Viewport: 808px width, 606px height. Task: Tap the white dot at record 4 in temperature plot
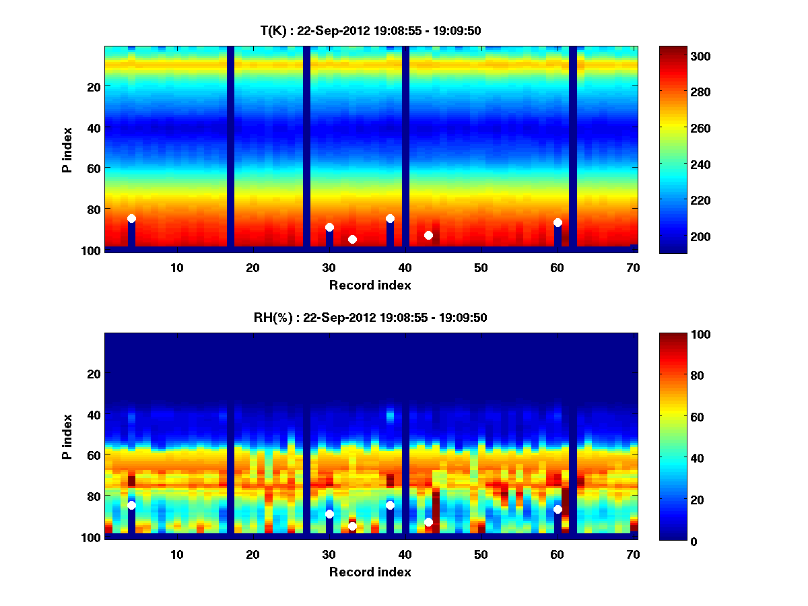pyautogui.click(x=131, y=218)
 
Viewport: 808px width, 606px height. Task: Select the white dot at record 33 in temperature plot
pyautogui.click(x=352, y=239)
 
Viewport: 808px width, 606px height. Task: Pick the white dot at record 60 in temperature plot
pyautogui.click(x=558, y=222)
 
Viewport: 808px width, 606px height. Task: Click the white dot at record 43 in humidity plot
pyautogui.click(x=428, y=522)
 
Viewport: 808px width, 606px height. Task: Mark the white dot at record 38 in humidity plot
pyautogui.click(x=390, y=505)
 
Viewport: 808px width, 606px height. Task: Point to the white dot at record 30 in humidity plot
pyautogui.click(x=329, y=514)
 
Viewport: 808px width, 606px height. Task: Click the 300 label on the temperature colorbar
pyautogui.click(x=682, y=56)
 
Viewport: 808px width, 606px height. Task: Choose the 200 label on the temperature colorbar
pyautogui.click(x=682, y=236)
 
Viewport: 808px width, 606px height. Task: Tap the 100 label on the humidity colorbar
pyautogui.click(x=682, y=335)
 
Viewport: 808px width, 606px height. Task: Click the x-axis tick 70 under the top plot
pyautogui.click(x=633, y=267)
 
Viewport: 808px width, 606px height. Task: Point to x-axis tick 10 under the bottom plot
pyautogui.click(x=177, y=554)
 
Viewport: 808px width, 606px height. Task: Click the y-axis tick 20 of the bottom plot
pyautogui.click(x=94, y=374)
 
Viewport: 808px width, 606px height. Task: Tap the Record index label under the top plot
pyautogui.click(x=370, y=285)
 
